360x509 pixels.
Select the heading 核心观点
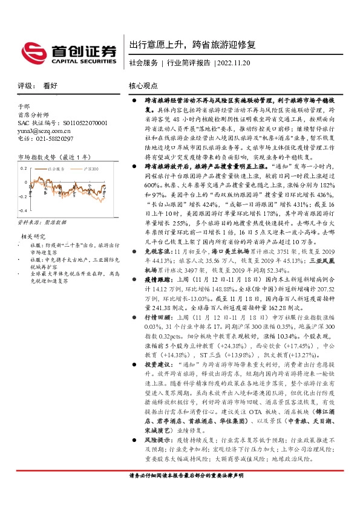point(143,86)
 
